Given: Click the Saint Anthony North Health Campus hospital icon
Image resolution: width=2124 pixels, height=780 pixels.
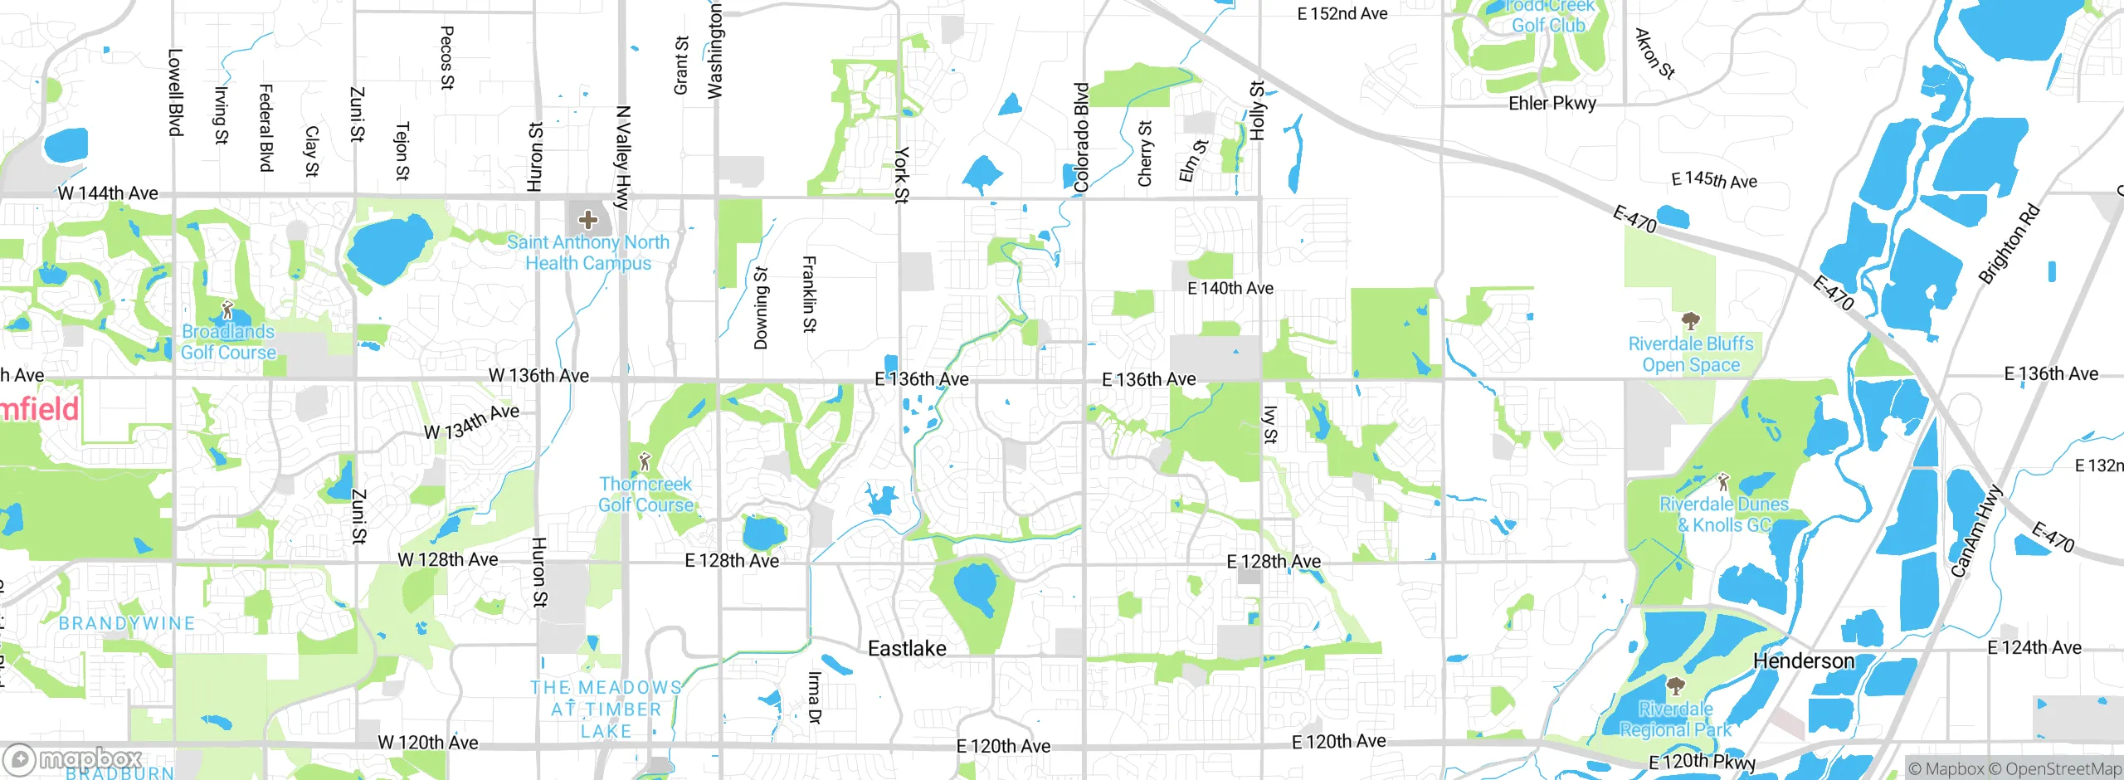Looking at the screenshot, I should [588, 220].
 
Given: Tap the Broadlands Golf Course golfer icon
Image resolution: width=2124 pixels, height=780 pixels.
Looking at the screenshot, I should [227, 311].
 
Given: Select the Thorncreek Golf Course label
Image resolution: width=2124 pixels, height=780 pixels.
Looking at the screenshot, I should [645, 495].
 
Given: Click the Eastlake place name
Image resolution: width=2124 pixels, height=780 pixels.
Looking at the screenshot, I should [907, 649].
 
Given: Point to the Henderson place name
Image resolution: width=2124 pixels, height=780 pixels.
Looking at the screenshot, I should [1804, 661].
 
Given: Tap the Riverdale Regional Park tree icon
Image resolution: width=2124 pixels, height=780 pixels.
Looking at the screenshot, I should [1676, 686].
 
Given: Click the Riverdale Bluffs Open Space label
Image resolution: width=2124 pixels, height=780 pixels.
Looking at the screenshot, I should [1691, 354].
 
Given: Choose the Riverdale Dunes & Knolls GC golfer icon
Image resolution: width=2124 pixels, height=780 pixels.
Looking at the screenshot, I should [1723, 481].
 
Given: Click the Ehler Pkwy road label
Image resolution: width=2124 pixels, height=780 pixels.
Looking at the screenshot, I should [1552, 104].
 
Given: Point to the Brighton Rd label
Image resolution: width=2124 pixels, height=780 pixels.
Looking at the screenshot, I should [2009, 244].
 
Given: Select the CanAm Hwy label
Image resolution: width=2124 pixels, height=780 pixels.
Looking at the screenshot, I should [1976, 531].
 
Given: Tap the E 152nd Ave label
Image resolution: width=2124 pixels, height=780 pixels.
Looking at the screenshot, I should [1342, 13].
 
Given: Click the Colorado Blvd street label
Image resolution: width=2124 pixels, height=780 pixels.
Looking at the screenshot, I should [1081, 138].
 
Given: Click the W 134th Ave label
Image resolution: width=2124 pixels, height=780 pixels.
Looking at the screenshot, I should [471, 422].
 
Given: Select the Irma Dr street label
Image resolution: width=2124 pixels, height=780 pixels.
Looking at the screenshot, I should [814, 697].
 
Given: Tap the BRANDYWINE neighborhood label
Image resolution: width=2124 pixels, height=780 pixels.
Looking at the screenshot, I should [127, 623].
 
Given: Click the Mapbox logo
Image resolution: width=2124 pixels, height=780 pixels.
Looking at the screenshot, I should [73, 759].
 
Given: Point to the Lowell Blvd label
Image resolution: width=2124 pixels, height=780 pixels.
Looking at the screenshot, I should [175, 92].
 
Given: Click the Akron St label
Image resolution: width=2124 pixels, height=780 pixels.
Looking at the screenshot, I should [1654, 54].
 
